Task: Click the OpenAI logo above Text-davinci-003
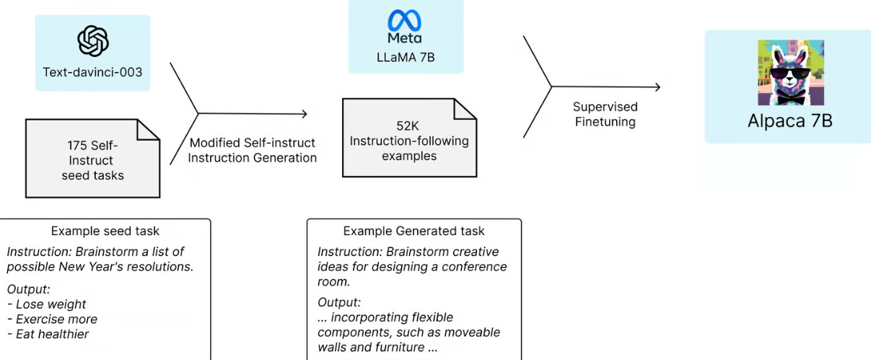point(93,40)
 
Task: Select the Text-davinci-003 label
point(92,72)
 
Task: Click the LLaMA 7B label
point(405,57)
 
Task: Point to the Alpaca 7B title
point(789,120)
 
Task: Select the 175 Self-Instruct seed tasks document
point(92,158)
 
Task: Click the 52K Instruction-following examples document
point(408,139)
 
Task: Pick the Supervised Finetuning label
point(605,114)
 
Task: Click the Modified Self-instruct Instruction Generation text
point(252,150)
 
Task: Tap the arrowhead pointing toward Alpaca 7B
point(657,87)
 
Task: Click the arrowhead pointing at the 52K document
point(305,113)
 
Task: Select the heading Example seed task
point(105,232)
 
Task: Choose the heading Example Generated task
point(413,232)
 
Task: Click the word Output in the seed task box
point(28,289)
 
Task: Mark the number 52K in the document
point(408,126)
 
